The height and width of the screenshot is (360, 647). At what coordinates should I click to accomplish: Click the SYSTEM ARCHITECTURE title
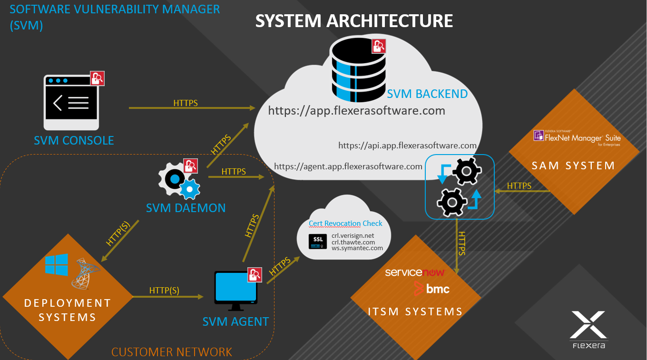click(x=354, y=21)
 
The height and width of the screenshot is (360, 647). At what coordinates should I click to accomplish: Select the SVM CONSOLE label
click(x=74, y=140)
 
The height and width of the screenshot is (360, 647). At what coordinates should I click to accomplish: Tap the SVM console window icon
click(x=71, y=102)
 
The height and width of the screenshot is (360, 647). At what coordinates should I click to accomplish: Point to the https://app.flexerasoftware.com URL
click(x=356, y=111)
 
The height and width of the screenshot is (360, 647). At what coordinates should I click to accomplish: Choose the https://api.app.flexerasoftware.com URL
click(x=407, y=146)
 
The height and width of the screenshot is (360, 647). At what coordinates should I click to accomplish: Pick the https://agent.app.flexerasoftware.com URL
click(x=348, y=166)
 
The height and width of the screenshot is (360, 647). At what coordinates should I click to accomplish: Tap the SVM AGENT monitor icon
click(x=235, y=288)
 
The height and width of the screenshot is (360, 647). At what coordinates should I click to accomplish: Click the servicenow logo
click(x=414, y=272)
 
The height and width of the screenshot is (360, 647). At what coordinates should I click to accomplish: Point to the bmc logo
click(x=431, y=288)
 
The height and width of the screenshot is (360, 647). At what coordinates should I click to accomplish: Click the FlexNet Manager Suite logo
click(x=577, y=137)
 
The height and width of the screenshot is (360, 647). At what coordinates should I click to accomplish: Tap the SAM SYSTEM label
click(x=573, y=165)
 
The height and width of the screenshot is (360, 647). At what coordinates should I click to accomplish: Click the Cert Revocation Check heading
click(x=345, y=224)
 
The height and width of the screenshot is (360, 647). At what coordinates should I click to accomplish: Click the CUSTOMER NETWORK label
click(x=172, y=352)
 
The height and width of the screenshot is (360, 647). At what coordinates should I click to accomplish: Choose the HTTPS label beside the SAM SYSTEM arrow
click(x=519, y=186)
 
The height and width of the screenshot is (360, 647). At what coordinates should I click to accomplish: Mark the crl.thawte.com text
click(x=353, y=242)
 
